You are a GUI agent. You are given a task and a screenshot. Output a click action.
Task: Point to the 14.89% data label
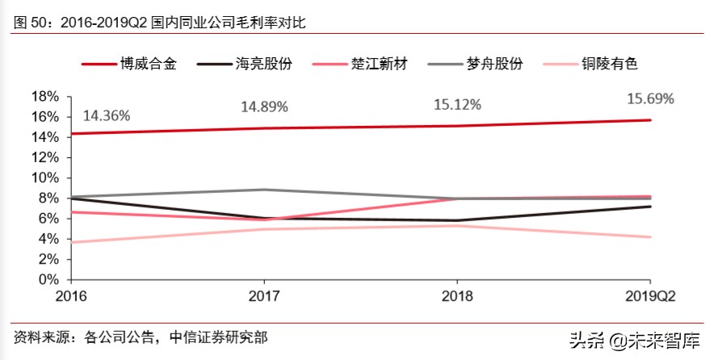(x=264, y=107)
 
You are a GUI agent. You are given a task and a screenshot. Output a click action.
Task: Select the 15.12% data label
(x=457, y=105)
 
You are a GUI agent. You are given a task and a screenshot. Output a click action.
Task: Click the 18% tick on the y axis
(x=44, y=96)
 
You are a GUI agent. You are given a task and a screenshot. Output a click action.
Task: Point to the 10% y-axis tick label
(x=44, y=178)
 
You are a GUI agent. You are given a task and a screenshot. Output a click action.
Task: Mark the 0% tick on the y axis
(x=49, y=280)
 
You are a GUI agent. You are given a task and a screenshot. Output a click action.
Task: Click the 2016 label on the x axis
(x=71, y=296)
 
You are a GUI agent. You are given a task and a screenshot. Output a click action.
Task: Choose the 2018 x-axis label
(x=457, y=296)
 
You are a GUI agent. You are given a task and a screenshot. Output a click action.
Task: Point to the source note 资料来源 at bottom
(x=141, y=337)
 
